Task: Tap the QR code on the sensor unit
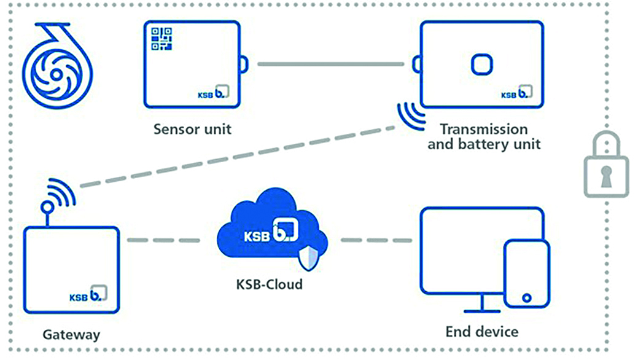[162, 39]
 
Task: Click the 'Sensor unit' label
[192, 129]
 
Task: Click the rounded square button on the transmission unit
[480, 64]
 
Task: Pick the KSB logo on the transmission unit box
[516, 93]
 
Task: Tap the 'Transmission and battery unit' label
[483, 137]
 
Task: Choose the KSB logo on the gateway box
[88, 294]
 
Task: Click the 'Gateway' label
[71, 335]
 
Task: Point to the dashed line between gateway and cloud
[164, 239]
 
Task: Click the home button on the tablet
[526, 298]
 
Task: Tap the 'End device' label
[482, 332]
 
